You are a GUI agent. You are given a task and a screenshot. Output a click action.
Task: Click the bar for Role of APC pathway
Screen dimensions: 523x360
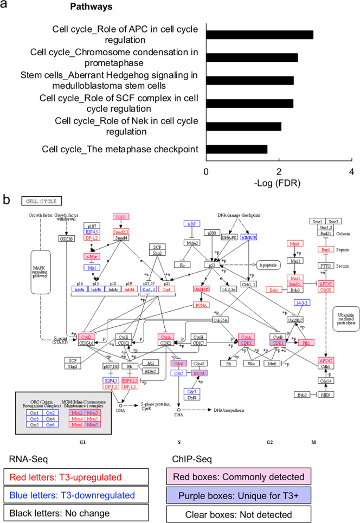(260, 35)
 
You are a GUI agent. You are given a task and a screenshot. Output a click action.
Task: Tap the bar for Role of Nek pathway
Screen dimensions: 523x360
(243, 126)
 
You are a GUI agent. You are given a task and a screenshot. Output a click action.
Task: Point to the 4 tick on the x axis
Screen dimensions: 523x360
(352, 171)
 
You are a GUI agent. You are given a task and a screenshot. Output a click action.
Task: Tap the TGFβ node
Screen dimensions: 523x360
(120, 216)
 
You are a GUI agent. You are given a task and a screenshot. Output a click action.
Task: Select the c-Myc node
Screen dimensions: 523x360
(94, 256)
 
